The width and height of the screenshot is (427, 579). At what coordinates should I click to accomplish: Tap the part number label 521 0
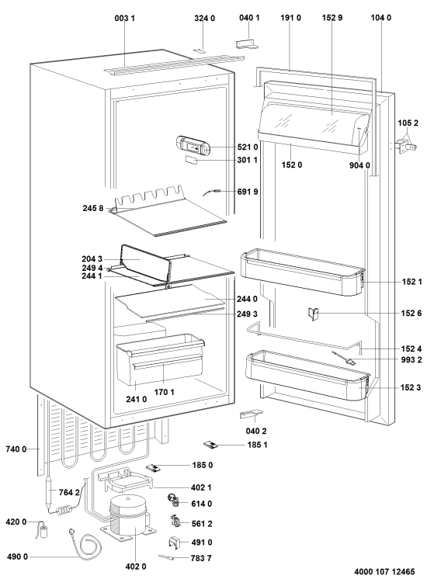pyautogui.click(x=248, y=147)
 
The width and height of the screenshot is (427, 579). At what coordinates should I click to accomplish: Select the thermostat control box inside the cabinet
pyautogui.click(x=193, y=144)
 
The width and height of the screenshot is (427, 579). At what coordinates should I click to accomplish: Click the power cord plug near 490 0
pyautogui.click(x=71, y=532)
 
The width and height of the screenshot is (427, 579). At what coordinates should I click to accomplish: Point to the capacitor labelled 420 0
pyautogui.click(x=45, y=531)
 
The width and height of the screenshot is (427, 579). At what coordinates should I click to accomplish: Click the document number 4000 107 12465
pyautogui.click(x=384, y=571)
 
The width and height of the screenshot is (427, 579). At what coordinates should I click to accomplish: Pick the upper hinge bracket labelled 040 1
pyautogui.click(x=247, y=44)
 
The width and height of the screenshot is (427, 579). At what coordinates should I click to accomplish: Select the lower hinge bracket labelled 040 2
pyautogui.click(x=252, y=414)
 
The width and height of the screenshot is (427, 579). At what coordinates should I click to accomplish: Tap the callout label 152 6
pyautogui.click(x=411, y=313)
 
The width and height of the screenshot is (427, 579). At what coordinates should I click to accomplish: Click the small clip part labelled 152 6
pyautogui.click(x=313, y=314)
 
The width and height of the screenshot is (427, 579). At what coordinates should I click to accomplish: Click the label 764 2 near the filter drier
pyautogui.click(x=69, y=492)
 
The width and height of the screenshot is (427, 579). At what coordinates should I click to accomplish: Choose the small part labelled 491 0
pyautogui.click(x=175, y=543)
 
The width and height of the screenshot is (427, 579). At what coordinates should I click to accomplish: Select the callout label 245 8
pyautogui.click(x=93, y=208)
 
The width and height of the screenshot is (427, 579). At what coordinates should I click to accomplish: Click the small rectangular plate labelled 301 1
pyautogui.click(x=191, y=160)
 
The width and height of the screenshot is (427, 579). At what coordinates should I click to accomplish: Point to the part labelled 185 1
pyautogui.click(x=210, y=445)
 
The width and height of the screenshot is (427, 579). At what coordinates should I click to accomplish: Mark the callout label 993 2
pyautogui.click(x=411, y=359)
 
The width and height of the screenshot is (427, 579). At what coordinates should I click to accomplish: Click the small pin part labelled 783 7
pyautogui.click(x=166, y=557)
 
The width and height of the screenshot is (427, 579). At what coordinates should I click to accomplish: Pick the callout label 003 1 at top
pyautogui.click(x=124, y=18)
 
